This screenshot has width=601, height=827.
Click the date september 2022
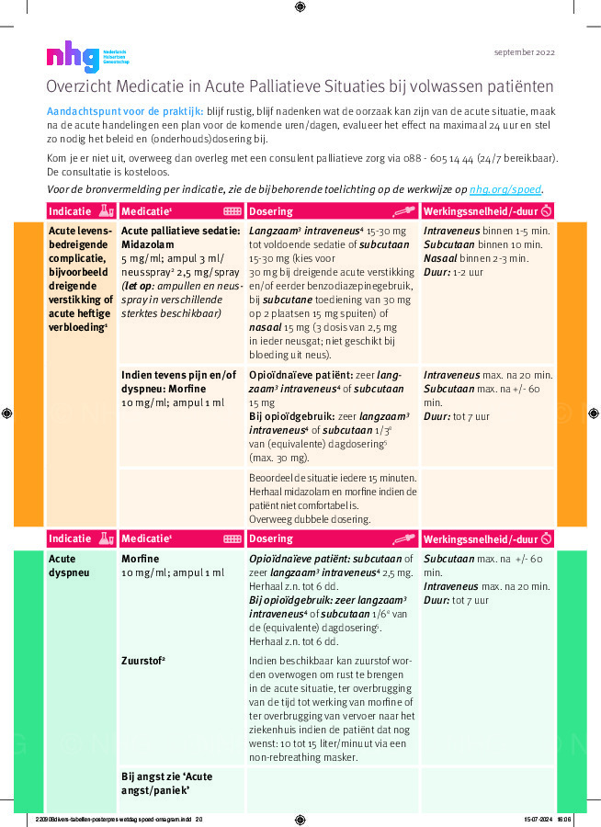[x=524, y=52]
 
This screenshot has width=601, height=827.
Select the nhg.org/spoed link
[x=505, y=189]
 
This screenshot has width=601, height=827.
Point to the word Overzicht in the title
[x=80, y=87]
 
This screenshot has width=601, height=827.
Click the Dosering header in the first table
[x=272, y=210]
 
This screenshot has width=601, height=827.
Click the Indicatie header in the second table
[x=70, y=538]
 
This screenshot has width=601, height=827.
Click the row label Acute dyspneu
[x=70, y=565]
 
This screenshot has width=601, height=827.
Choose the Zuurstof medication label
[x=143, y=659]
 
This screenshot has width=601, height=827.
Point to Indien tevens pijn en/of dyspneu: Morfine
[x=179, y=381]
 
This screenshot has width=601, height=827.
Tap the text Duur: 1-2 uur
[x=454, y=271]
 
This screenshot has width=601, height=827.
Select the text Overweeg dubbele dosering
[x=307, y=518]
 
